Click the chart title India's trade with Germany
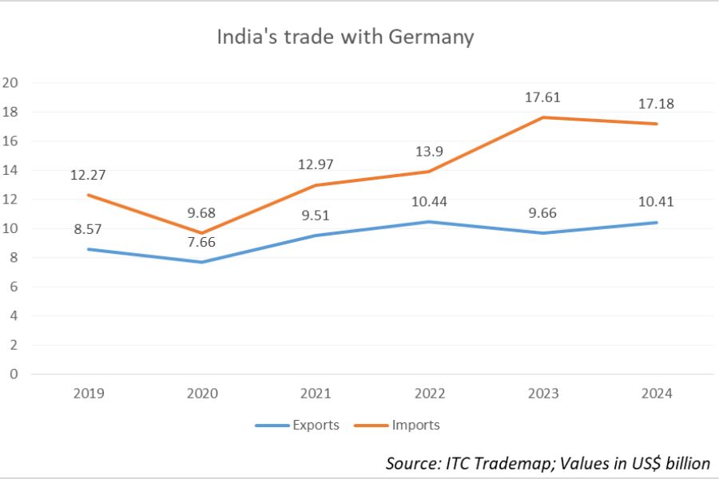coord(345,37)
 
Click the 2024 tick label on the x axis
coord(657,394)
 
